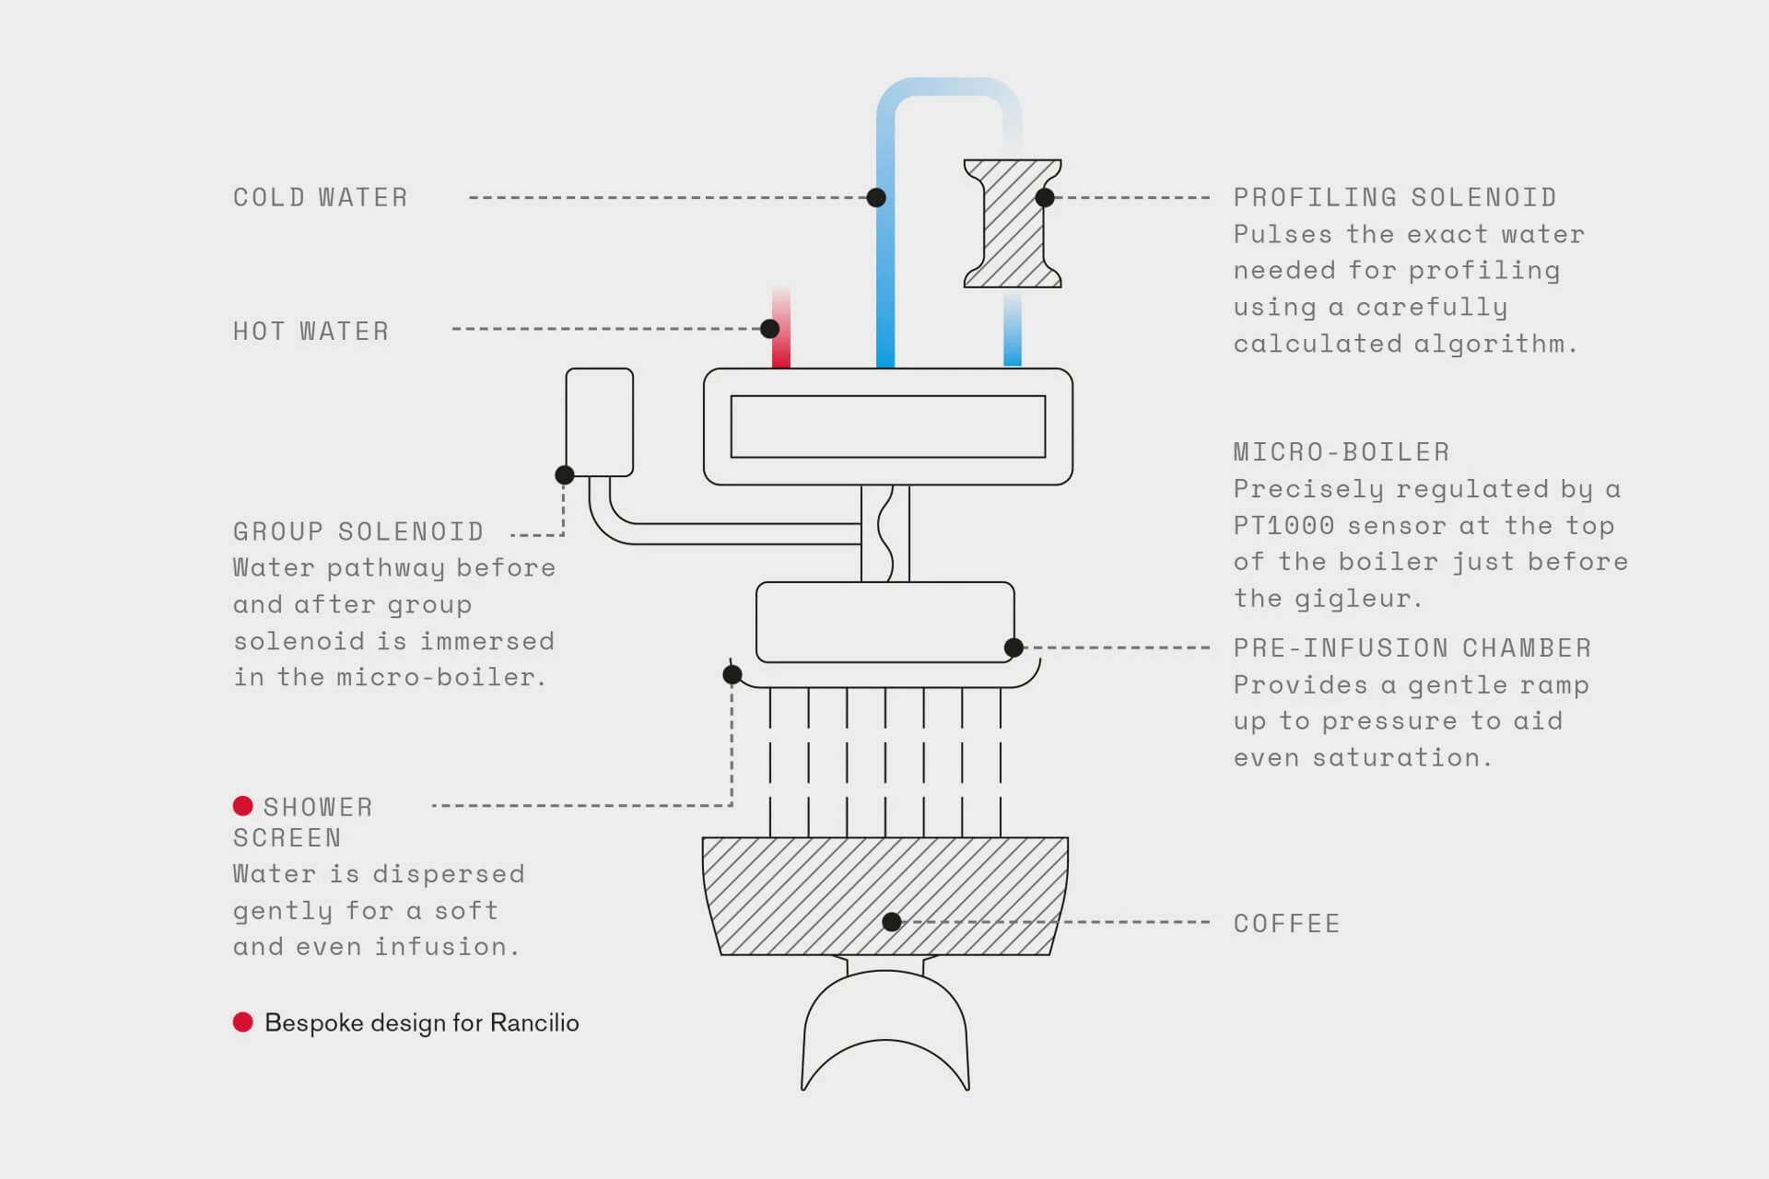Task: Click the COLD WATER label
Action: (320, 198)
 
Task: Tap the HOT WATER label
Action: (310, 332)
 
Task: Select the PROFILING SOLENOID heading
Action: (1395, 198)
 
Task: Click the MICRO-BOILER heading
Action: (1341, 452)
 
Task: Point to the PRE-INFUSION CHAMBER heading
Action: (1412, 648)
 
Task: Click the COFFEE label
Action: (1286, 924)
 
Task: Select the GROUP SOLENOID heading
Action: (358, 532)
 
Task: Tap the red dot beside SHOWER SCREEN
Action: (243, 806)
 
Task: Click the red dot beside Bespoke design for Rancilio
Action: (243, 1022)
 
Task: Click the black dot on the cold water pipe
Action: (876, 197)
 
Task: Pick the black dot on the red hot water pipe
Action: (770, 329)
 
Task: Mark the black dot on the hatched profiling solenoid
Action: (1045, 197)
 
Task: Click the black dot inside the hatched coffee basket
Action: (891, 922)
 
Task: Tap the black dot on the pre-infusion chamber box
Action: (1013, 648)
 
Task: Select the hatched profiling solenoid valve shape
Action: (1012, 224)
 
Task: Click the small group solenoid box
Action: (599, 422)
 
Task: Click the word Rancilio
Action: (534, 1023)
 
